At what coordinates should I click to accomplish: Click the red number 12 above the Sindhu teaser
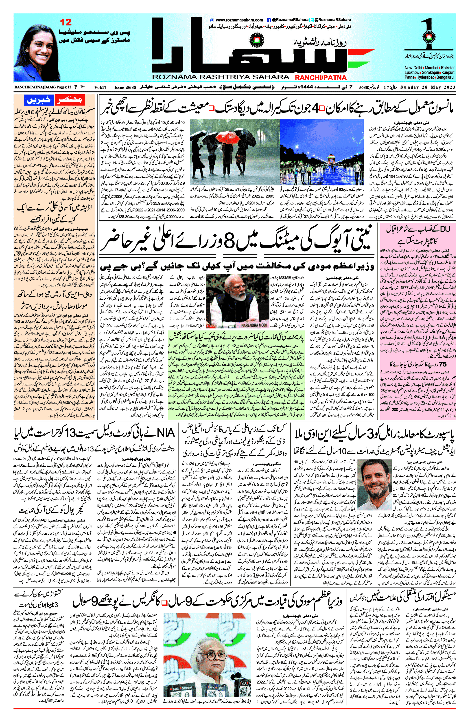tap(66, 22)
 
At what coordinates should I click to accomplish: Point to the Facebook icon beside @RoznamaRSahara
tap(269, 20)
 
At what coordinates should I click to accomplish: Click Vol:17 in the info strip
tap(100, 87)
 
